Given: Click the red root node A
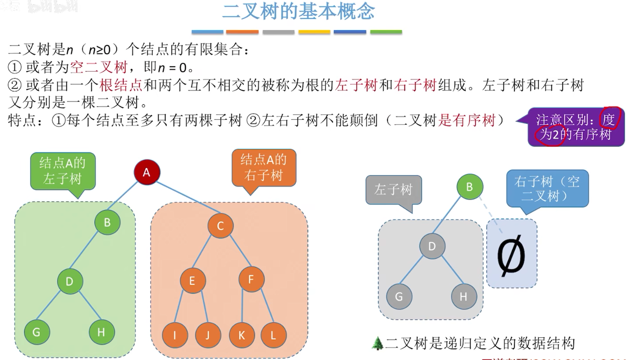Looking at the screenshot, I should [x=146, y=172].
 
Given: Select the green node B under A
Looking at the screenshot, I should [x=107, y=222].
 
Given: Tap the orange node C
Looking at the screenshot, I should [x=220, y=226].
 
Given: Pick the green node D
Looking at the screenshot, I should [x=70, y=281].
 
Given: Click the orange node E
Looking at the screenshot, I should [x=192, y=281].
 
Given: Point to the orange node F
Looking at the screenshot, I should [x=251, y=279].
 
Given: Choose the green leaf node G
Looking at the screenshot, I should [x=36, y=332].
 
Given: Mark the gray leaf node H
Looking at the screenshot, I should [x=464, y=297].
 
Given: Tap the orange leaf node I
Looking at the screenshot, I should [x=175, y=335].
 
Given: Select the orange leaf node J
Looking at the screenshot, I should [x=208, y=335].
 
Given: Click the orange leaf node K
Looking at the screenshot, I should [x=241, y=335].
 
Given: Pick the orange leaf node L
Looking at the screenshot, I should [x=273, y=335].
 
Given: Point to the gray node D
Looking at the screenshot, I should [x=432, y=246].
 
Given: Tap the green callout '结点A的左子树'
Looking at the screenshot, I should [x=63, y=171].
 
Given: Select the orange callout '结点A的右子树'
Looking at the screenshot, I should [x=264, y=167].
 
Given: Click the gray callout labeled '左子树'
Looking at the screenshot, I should [x=393, y=190].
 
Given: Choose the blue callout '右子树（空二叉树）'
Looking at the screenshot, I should [x=547, y=188].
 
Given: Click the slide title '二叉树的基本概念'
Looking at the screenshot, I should [x=298, y=12].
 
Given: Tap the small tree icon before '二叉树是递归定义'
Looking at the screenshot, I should [x=377, y=343].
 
